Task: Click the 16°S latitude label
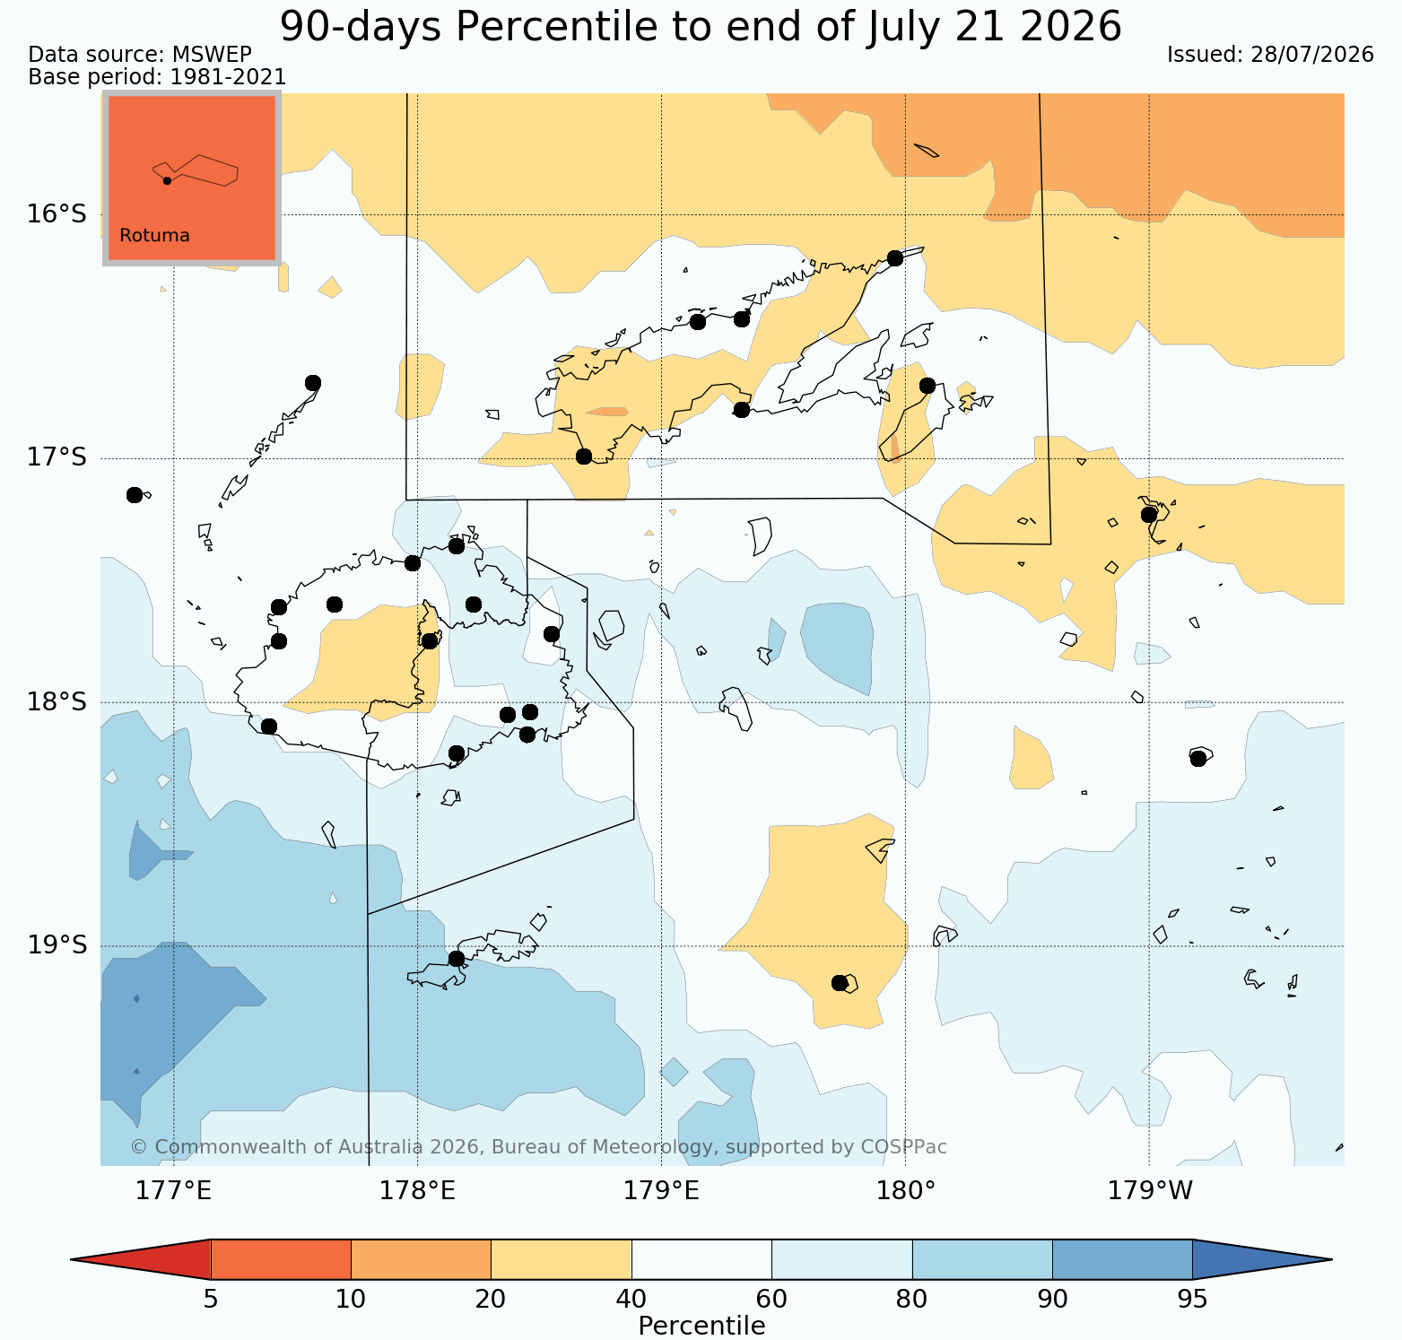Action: pyautogui.click(x=57, y=214)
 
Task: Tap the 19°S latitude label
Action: pyautogui.click(x=57, y=945)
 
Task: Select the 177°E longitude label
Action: pyautogui.click(x=174, y=1191)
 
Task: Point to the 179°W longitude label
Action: pyautogui.click(x=1151, y=1191)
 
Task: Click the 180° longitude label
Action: pyautogui.click(x=906, y=1191)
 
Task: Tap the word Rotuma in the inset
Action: pyautogui.click(x=154, y=236)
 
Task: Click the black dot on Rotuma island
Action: pyautogui.click(x=167, y=180)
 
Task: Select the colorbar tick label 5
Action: pyautogui.click(x=211, y=1300)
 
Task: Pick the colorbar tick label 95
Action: pyautogui.click(x=1192, y=1300)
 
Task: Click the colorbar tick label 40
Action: pyautogui.click(x=631, y=1300)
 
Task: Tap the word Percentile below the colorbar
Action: pyautogui.click(x=701, y=1326)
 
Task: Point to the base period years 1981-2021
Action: pyautogui.click(x=229, y=78)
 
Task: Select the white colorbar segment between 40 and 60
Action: pyautogui.click(x=701, y=1259)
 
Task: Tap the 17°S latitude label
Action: pyautogui.click(x=57, y=457)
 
